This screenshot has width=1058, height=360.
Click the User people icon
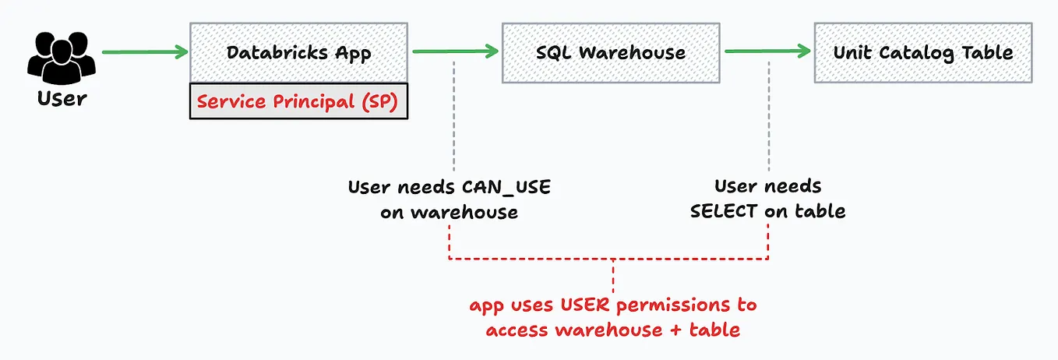62,55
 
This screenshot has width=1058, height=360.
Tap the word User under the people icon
62,99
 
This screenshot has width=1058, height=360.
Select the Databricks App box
298,52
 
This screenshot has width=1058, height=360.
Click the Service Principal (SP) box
298,101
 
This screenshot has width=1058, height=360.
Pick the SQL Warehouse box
611,52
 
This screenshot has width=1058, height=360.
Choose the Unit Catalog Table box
923,52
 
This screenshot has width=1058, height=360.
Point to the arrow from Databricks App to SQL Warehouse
455,52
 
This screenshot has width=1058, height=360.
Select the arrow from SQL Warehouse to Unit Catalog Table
767,52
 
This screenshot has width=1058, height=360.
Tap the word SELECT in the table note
724,210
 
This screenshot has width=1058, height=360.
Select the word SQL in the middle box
554,53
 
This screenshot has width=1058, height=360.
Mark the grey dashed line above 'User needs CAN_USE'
453,117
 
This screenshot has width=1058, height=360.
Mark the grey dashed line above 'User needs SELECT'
768,117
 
